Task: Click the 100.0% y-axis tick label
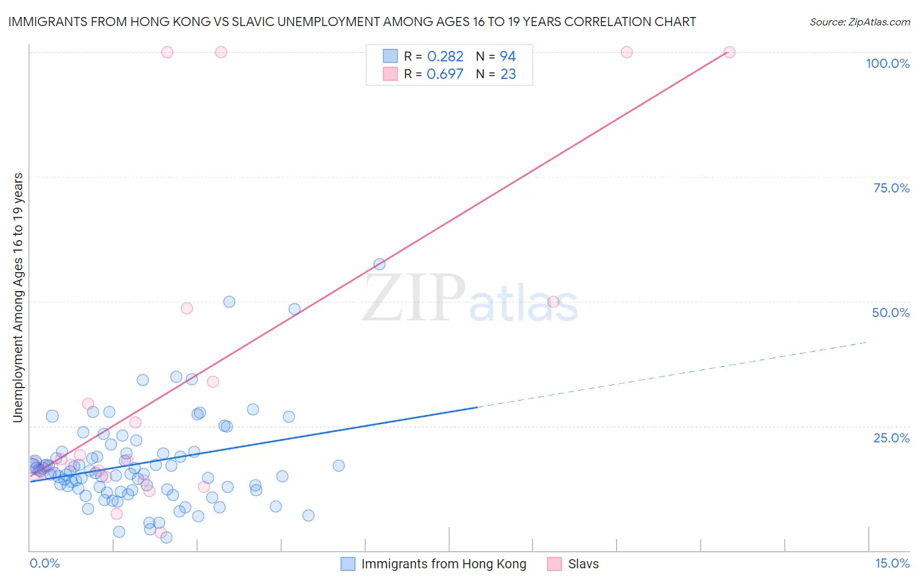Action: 887,63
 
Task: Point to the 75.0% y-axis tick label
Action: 891,188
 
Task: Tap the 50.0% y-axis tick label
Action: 891,313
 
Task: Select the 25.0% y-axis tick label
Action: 891,437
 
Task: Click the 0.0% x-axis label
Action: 44,563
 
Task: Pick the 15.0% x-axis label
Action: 892,563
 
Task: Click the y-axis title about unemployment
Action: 18,298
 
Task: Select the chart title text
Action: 352,22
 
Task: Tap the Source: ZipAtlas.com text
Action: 859,22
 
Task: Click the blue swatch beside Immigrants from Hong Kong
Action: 348,564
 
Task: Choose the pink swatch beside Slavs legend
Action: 554,564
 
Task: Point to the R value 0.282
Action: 445,57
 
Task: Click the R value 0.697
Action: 445,74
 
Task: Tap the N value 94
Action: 507,57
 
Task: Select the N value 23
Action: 508,74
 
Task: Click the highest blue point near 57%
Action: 379,264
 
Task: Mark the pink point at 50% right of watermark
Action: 554,301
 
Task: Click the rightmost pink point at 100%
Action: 729,52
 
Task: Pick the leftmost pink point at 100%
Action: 167,52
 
